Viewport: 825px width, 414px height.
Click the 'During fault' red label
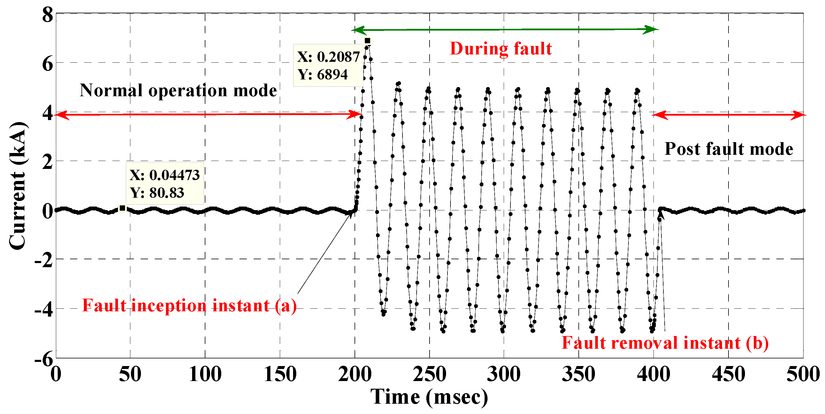point(500,49)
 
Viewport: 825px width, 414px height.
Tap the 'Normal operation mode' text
point(178,91)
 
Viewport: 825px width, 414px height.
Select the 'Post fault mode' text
point(728,149)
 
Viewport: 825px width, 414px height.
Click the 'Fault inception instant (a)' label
point(189,305)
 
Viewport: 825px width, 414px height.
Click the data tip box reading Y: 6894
point(328,66)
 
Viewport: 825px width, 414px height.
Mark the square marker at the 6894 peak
point(368,41)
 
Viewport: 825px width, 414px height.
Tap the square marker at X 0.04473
point(122,208)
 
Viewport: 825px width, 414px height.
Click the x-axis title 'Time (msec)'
point(429,397)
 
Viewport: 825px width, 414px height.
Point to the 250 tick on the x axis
point(429,374)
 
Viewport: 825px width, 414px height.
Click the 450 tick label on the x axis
point(728,374)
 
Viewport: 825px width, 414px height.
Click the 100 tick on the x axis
point(205,374)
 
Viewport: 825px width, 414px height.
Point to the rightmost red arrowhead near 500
point(801,115)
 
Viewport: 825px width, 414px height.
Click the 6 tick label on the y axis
point(47,64)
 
